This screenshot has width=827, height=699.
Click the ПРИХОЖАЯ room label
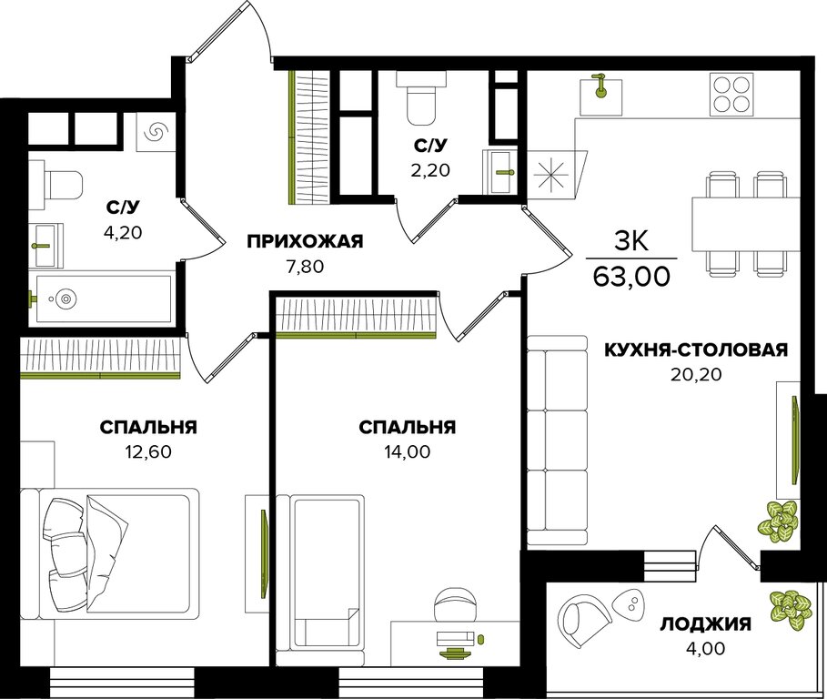point(306,241)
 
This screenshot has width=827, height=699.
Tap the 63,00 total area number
point(632,276)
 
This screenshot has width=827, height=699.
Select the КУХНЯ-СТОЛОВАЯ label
point(696,349)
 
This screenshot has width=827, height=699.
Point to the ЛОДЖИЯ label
point(706,624)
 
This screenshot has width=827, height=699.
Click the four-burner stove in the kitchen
point(731,94)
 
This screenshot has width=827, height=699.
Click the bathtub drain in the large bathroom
point(66,299)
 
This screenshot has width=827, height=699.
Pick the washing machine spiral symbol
point(156,132)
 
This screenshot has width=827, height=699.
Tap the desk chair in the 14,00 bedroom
point(455,604)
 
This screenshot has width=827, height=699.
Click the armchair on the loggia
point(584,617)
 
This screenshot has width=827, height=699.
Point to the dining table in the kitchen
point(746,224)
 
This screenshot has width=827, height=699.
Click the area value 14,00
point(407,451)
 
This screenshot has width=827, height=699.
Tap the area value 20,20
point(696,374)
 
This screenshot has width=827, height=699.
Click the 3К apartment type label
point(631,241)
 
